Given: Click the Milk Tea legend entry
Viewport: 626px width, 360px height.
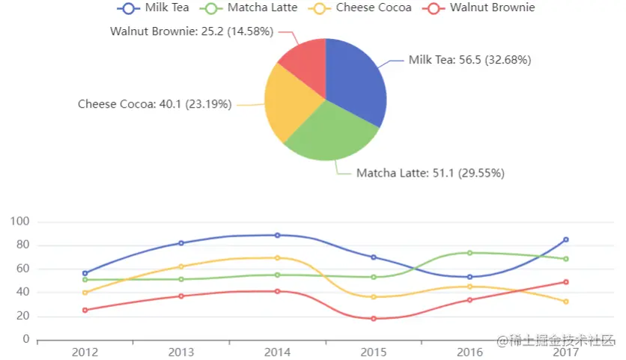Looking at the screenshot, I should click(x=154, y=8).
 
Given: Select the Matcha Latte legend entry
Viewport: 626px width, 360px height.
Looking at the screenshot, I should click(x=251, y=8).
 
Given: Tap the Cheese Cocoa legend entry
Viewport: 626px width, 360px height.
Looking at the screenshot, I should click(x=362, y=8).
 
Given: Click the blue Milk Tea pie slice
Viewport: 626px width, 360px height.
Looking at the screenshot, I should click(x=356, y=82).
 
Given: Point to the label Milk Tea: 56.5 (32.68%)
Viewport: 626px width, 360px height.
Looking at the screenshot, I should click(x=469, y=60).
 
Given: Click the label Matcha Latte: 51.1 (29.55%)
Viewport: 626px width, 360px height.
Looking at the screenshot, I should click(x=430, y=173).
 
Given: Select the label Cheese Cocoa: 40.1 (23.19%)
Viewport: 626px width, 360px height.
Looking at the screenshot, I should click(x=154, y=104).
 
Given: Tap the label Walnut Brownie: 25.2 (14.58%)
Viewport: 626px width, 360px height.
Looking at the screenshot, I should click(x=192, y=31).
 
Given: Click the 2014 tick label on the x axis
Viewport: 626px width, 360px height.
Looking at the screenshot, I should click(x=278, y=352).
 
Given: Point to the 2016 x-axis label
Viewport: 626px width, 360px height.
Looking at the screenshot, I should click(x=469, y=352).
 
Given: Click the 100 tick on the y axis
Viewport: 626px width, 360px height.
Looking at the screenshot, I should click(x=20, y=222).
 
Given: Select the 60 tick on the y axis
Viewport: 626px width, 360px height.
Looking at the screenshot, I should click(x=22, y=269).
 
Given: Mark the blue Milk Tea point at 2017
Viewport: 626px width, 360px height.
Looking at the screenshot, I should click(x=566, y=240).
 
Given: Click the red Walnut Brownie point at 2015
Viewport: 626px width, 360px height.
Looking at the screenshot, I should click(x=374, y=318).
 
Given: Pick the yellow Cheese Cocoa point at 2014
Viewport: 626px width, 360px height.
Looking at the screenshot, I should click(x=278, y=258).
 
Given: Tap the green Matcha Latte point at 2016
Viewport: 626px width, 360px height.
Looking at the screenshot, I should click(x=469, y=253).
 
